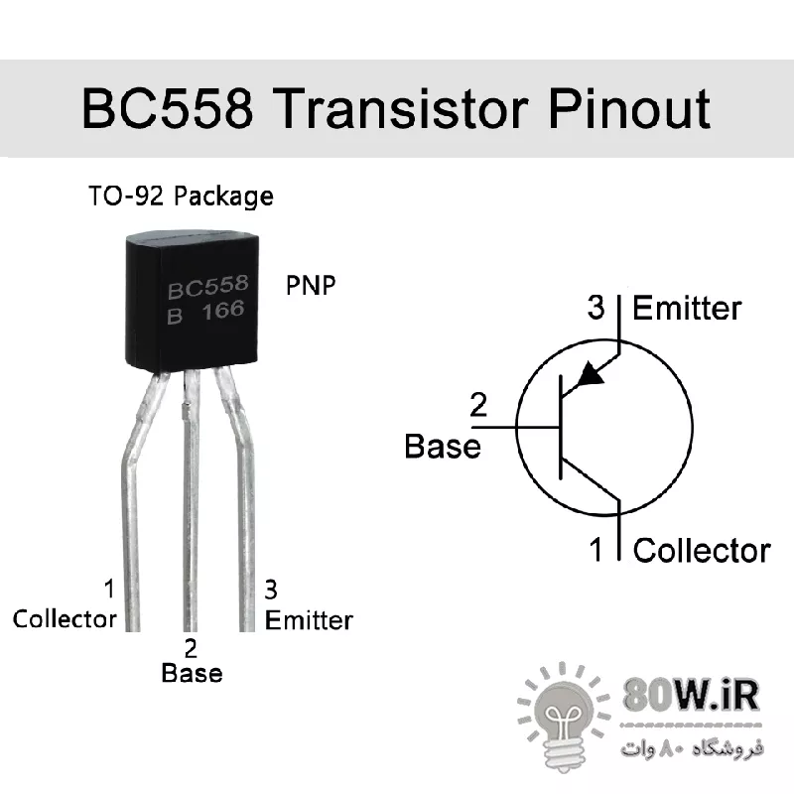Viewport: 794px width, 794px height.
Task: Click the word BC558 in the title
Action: (167, 108)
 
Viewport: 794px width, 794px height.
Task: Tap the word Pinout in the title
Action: (629, 108)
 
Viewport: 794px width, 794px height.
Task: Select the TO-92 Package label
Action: (181, 197)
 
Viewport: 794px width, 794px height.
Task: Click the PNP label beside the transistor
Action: (311, 285)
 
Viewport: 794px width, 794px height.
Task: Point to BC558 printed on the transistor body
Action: (208, 287)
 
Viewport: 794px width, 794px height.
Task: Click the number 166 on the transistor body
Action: (223, 311)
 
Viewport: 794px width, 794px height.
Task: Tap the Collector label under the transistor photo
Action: (65, 619)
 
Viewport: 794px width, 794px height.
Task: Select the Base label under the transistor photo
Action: (192, 674)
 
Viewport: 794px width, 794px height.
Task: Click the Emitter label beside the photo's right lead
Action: (309, 620)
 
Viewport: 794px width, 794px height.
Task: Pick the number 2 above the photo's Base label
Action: (191, 649)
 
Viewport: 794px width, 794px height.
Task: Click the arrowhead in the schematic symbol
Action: (591, 374)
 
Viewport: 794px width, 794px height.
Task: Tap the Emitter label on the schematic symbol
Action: (687, 308)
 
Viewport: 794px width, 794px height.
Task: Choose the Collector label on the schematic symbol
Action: (702, 551)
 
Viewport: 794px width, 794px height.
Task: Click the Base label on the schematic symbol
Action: (443, 447)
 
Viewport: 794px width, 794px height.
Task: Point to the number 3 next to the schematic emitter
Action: (596, 307)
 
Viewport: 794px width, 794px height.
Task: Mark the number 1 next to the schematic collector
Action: (596, 550)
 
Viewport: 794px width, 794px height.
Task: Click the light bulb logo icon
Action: (563, 718)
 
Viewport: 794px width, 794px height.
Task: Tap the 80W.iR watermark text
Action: (691, 696)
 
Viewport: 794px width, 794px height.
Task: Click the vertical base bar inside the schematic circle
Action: (561, 428)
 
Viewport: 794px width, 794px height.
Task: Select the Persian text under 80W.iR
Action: (692, 748)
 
